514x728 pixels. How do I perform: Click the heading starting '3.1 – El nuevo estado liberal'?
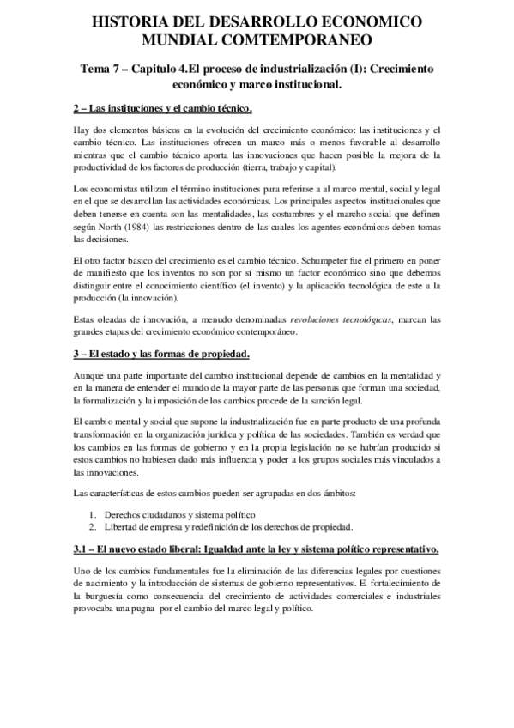tap(257, 549)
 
